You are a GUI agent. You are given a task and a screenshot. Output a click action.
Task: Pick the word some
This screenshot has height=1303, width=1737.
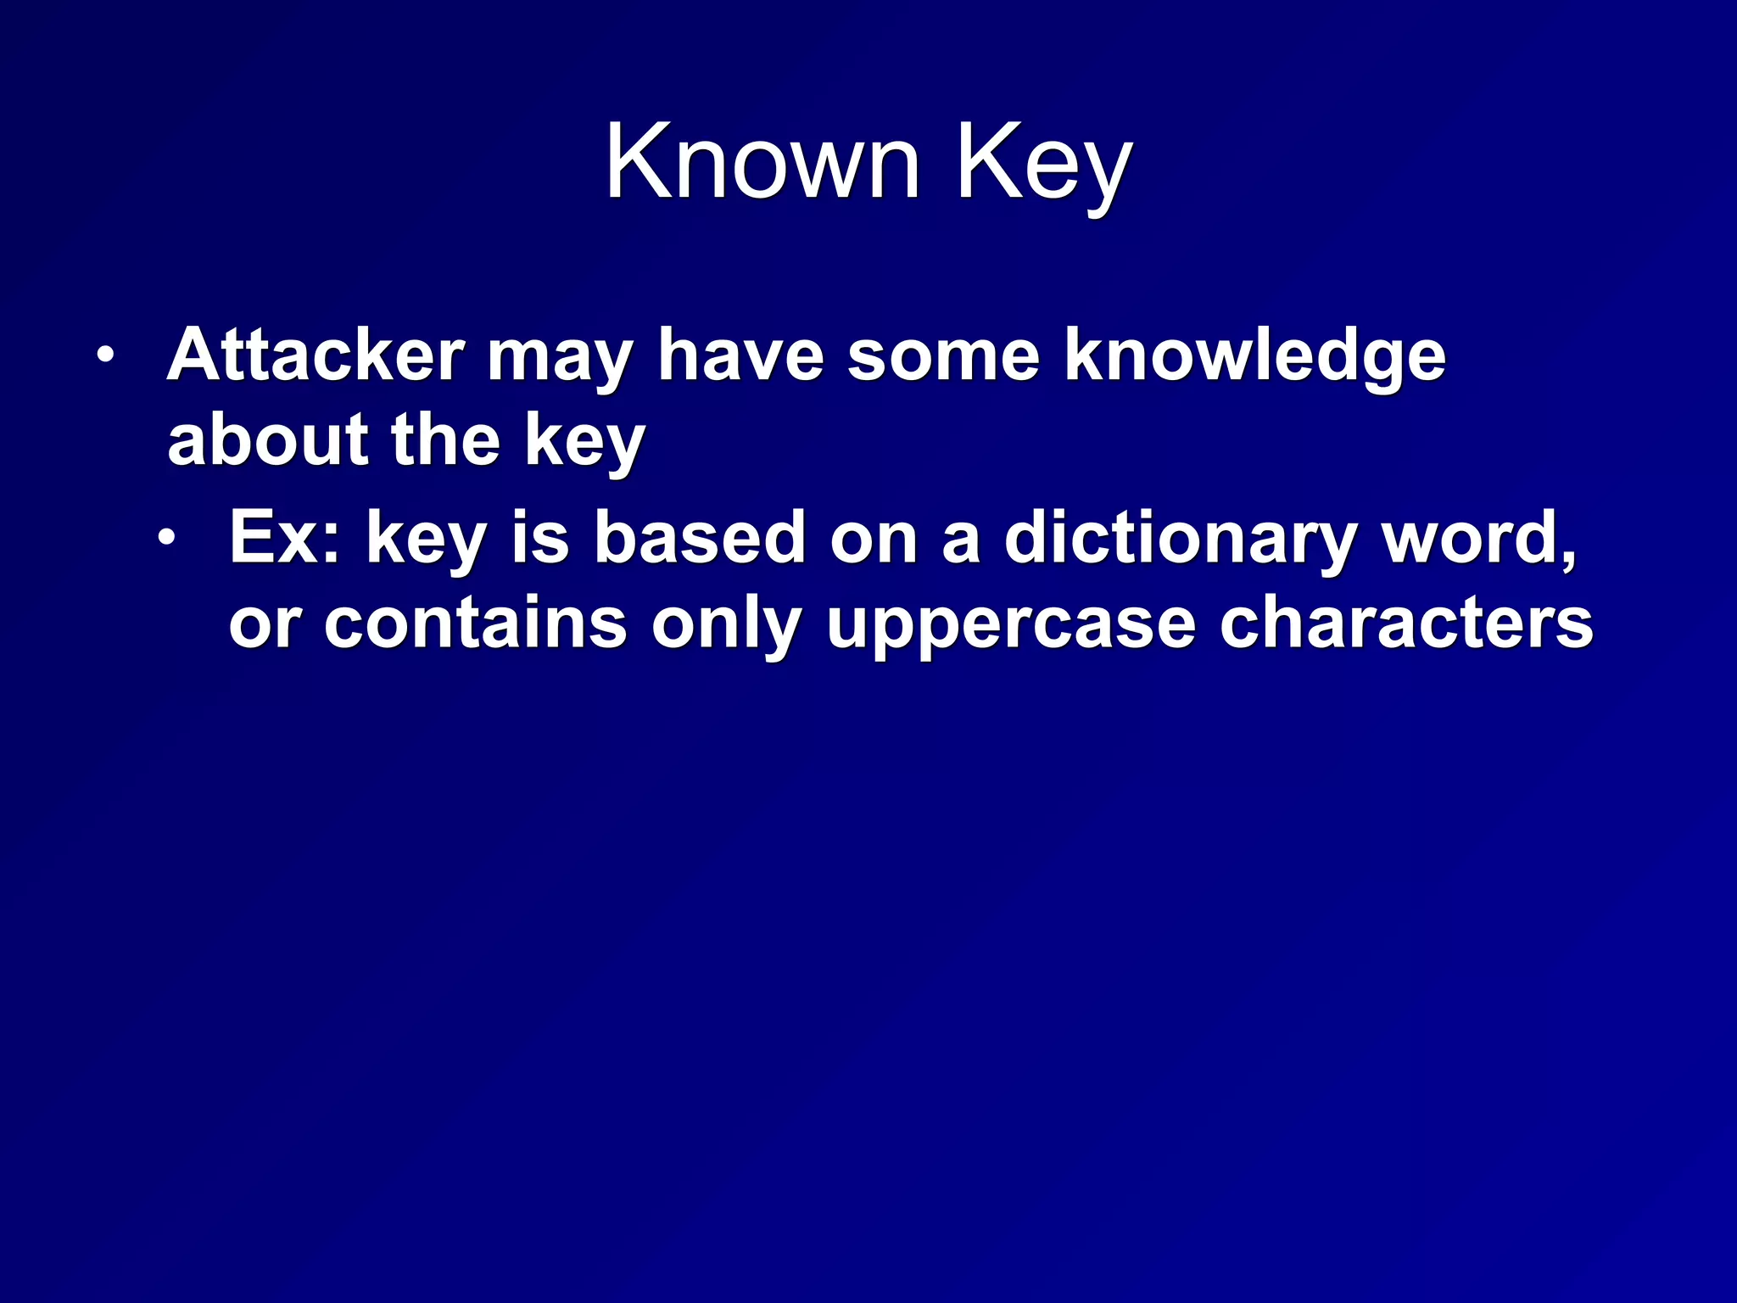tap(943, 356)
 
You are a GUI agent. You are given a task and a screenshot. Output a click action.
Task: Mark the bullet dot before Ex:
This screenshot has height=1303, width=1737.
tap(167, 537)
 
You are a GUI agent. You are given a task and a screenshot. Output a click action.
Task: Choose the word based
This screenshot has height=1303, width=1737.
tap(699, 537)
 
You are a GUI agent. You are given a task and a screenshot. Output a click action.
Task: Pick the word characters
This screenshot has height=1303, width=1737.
tap(1405, 623)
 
